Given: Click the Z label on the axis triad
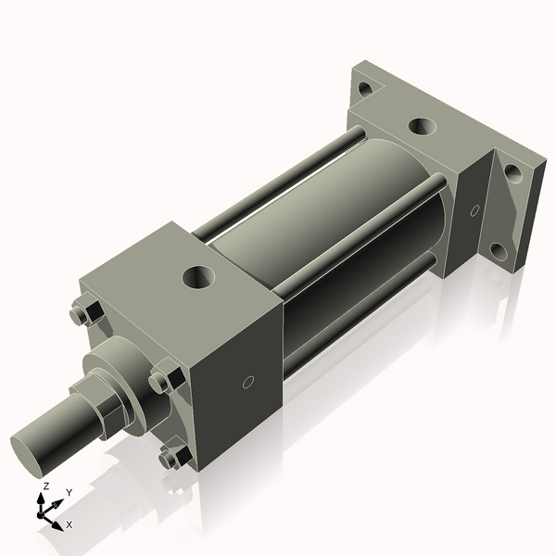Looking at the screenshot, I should click(45, 486).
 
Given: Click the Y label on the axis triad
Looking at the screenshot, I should click(69, 493).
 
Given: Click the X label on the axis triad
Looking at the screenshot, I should click(69, 524).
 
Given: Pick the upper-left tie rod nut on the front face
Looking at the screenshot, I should click(81, 315).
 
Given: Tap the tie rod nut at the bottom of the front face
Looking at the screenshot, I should click(171, 457).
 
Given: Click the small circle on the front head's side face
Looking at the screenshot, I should click(247, 382).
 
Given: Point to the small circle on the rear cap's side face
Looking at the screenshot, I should click(474, 210).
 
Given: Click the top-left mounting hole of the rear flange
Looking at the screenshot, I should click(365, 89).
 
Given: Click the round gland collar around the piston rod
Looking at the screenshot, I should click(120, 366).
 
